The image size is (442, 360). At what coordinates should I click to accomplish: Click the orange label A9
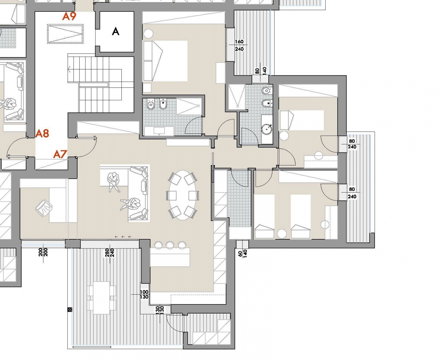click(x=69, y=16)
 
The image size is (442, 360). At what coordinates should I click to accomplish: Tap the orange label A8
click(x=42, y=133)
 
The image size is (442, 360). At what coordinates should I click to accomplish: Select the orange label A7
click(x=60, y=154)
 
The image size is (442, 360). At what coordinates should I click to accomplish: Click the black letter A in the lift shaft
click(x=116, y=31)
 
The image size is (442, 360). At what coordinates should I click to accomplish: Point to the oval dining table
click(x=182, y=195)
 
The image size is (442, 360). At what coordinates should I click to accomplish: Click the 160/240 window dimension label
click(x=239, y=45)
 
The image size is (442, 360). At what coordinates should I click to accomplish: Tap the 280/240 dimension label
click(x=110, y=253)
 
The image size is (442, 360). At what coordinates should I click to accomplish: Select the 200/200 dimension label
click(x=43, y=252)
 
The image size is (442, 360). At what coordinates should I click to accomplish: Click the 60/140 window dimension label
click(x=243, y=253)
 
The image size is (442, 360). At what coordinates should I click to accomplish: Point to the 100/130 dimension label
click(x=144, y=294)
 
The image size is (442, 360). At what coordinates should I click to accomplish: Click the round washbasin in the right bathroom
click(x=267, y=129)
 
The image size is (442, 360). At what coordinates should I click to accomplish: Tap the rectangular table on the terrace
click(x=101, y=298)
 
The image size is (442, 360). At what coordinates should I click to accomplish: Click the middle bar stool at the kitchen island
click(x=170, y=245)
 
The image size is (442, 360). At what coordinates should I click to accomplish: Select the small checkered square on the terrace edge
click(x=70, y=309)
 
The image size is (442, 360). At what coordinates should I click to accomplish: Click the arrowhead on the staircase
click(x=69, y=69)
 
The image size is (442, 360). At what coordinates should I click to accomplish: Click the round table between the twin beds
click(x=282, y=233)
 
